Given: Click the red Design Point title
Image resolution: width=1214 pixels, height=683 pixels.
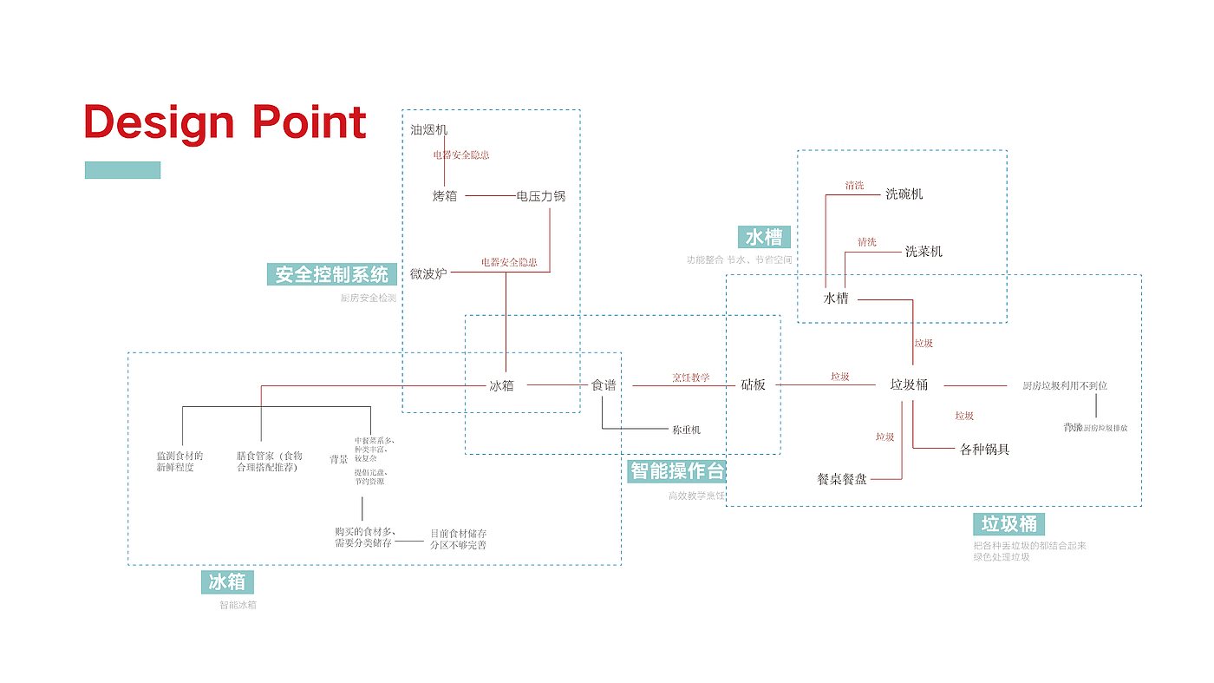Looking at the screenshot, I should coord(225,122).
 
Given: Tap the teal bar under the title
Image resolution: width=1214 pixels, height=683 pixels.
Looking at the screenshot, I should coord(122,170).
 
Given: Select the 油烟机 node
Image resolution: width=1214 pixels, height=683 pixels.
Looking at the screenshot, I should coord(428,130).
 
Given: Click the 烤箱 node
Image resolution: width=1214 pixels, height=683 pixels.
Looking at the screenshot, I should coord(445,196).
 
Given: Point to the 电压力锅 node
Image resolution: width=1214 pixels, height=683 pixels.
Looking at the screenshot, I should coord(540,196).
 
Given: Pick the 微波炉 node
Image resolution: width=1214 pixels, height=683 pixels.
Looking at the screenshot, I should coord(428,273).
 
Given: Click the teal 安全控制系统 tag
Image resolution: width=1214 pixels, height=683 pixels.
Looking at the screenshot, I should coord(332,274).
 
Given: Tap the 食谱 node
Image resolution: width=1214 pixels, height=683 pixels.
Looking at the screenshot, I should coord(604,384).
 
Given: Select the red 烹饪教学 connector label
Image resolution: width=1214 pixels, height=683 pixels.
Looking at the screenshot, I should coord(691,378).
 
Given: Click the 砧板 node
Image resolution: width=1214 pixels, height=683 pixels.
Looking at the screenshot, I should coord(753,384).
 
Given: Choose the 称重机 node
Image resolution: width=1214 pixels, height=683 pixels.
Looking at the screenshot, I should coord(686,430).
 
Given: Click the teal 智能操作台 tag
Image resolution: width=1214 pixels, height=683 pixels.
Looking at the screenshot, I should coord(676,471).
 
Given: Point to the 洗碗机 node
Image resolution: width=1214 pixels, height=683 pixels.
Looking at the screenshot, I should coord(904,194).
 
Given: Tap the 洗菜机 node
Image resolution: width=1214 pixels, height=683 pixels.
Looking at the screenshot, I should coord(924,252).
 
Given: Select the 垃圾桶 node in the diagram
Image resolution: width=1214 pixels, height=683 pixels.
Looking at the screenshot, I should coord(909,384).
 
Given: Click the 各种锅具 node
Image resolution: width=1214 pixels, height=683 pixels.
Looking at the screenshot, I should coord(984,450).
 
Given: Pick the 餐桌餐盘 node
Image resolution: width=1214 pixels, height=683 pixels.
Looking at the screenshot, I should coord(842,478).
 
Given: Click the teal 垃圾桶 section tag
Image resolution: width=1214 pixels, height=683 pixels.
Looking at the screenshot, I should coord(1008,524).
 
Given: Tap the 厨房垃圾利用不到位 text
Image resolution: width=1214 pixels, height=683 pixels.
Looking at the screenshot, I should coord(1064,385).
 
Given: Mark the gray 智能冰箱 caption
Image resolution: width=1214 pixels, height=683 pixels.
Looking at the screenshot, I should coord(238,605).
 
